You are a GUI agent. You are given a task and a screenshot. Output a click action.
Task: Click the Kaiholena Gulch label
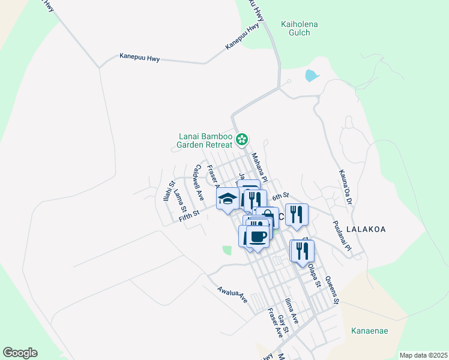[299, 28]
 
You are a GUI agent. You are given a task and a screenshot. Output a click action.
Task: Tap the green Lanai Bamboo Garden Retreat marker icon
[241, 140]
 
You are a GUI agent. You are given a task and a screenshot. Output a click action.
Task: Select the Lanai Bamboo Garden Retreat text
[205, 140]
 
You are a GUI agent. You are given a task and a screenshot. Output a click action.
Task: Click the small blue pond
[312, 76]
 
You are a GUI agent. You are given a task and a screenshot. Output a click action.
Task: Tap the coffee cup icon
[258, 236]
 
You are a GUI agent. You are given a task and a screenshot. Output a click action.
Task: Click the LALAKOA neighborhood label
[366, 229]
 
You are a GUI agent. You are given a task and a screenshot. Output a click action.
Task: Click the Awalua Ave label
[233, 293]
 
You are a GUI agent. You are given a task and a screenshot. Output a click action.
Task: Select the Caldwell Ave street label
[198, 182]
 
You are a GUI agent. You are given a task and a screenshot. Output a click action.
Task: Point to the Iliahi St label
[170, 191]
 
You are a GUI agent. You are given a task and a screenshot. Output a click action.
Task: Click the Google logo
[20, 353]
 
